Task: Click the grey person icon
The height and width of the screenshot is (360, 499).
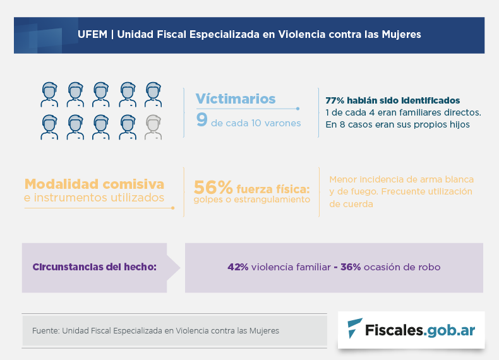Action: pos(153,126)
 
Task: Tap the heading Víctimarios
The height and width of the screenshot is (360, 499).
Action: pos(235,99)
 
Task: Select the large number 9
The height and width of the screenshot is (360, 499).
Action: pos(201,120)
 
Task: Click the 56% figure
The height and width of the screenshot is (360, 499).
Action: pos(213,188)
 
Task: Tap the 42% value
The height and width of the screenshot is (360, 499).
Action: pos(237,267)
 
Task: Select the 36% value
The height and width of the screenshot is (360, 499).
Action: pos(351,267)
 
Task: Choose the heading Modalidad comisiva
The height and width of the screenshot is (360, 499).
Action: pos(94,184)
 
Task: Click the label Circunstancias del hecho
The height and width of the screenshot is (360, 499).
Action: pos(94,267)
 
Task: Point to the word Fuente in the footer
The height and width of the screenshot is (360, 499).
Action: pos(45,330)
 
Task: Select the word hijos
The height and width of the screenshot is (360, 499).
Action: pos(456,124)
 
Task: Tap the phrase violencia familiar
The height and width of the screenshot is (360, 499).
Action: pos(291,267)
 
